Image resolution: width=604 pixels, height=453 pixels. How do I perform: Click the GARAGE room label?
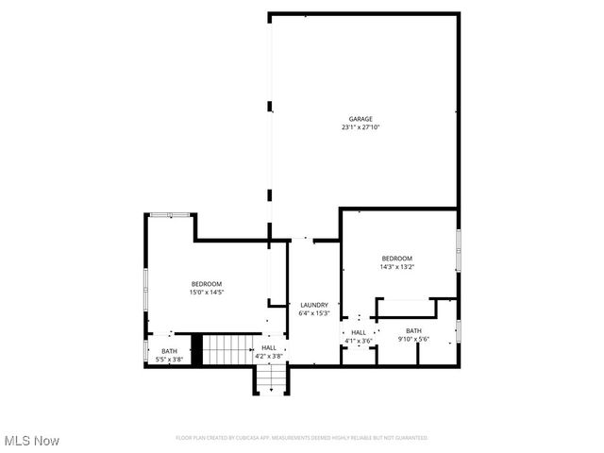click(x=361, y=119)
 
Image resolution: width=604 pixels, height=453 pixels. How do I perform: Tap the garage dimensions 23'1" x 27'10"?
click(x=361, y=127)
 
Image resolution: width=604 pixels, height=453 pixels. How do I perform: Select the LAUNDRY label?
click(x=314, y=304)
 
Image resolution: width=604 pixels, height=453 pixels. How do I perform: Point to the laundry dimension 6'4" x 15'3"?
click(x=314, y=312)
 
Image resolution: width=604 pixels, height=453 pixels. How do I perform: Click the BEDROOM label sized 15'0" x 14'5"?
click(x=207, y=284)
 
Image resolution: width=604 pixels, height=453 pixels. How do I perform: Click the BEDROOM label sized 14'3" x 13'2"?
click(x=397, y=259)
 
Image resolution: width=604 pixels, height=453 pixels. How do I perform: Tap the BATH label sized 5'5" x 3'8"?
click(x=169, y=351)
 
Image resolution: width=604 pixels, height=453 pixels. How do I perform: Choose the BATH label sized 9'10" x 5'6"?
click(x=413, y=330)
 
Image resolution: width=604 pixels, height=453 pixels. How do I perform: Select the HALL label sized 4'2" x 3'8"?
click(x=269, y=348)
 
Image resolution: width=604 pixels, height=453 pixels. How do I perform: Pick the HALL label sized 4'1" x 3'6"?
click(x=359, y=332)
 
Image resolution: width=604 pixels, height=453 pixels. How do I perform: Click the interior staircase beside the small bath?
click(x=226, y=349)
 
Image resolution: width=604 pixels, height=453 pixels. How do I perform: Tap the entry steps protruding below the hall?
click(x=270, y=379)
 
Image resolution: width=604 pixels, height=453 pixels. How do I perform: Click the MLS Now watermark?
click(x=32, y=441)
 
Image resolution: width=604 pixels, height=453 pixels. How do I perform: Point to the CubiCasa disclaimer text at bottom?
click(x=302, y=438)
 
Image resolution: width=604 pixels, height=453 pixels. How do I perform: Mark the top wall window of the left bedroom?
click(x=170, y=215)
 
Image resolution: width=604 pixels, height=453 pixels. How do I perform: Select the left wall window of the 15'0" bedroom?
click(x=145, y=288)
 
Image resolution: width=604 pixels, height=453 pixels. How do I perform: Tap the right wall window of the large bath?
click(x=459, y=330)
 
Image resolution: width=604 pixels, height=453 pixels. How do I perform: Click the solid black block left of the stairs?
click(x=197, y=349)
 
